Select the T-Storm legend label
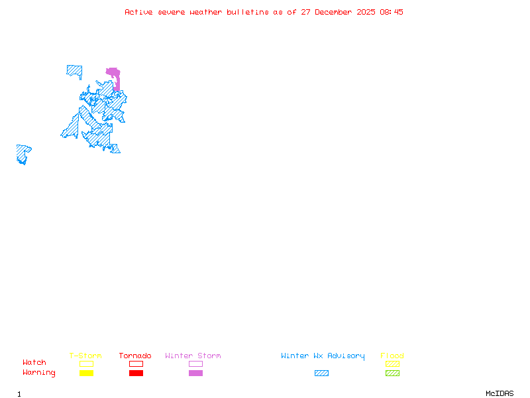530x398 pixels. [85, 356]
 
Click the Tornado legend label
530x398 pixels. [135, 356]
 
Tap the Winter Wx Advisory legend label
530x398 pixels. [323, 356]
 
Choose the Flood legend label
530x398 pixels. [392, 356]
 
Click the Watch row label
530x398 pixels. [34, 363]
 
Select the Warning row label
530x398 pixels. [39, 373]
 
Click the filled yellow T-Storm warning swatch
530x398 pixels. [86, 373]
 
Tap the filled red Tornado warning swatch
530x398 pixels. [136, 373]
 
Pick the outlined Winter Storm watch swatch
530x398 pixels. [195, 364]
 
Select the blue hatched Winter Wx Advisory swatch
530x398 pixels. [321, 373]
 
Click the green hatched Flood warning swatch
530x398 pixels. [392, 373]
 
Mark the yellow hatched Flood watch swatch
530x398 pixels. [392, 364]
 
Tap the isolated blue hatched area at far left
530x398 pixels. [23, 153]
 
